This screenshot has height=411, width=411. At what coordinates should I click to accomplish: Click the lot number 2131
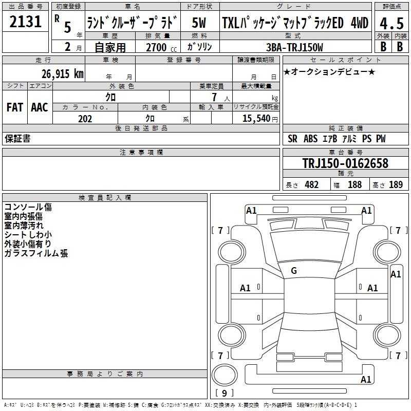25,22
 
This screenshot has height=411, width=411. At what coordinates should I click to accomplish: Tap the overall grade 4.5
391,23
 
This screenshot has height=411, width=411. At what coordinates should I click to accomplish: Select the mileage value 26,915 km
63,74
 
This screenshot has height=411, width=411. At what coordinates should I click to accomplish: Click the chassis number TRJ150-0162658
345,163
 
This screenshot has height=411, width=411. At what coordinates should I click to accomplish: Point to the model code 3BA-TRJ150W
294,47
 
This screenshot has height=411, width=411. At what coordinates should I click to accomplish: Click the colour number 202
85,119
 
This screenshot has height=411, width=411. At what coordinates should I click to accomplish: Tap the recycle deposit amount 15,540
256,118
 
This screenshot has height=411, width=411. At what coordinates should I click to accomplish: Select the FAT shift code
15,107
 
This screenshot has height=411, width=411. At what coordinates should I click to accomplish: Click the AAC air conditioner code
40,107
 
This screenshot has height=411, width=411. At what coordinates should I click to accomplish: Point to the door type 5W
199,23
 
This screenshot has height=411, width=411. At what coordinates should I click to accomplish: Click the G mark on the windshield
294,271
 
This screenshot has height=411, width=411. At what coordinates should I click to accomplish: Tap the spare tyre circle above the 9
225,375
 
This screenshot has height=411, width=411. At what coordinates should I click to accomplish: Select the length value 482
311,184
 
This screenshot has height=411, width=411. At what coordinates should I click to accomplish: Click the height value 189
396,184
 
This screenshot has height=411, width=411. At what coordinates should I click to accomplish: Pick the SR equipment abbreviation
292,139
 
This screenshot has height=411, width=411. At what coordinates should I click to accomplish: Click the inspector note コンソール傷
28,207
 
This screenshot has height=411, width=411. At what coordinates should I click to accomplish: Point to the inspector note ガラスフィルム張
36,253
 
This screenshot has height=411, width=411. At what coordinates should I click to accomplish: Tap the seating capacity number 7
214,97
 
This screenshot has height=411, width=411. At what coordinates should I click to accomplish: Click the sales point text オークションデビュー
329,71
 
